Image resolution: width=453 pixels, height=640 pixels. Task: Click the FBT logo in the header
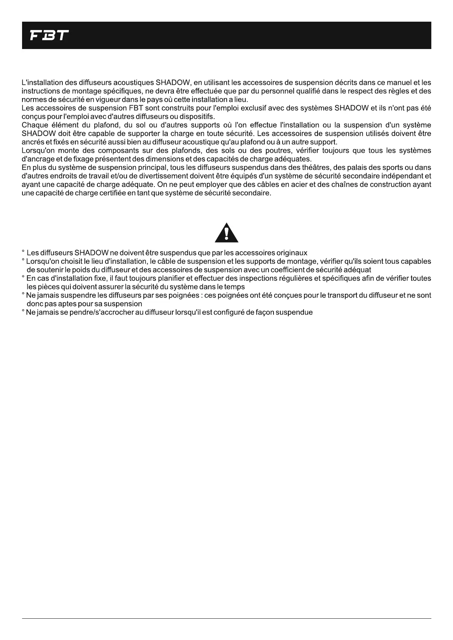49,36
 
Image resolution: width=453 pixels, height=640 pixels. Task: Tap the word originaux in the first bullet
292,253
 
